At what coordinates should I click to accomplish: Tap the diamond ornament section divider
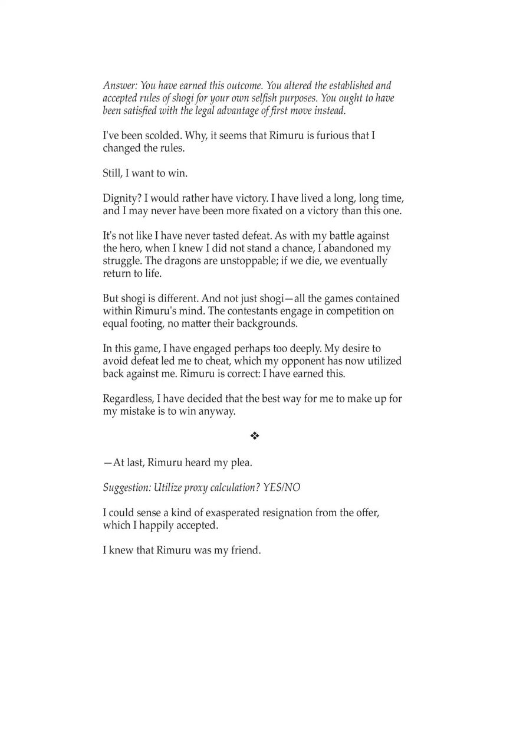point(255,437)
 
